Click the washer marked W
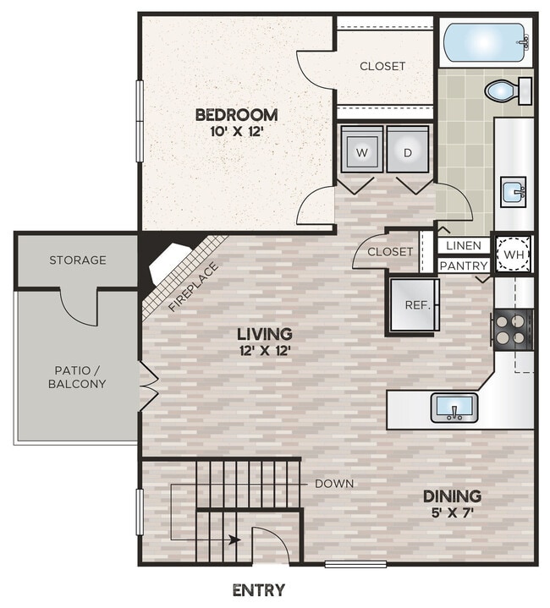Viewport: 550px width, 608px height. point(362,151)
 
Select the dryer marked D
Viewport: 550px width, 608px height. point(408,151)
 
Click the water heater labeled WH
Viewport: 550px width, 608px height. point(513,255)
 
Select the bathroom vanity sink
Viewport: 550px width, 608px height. point(513,192)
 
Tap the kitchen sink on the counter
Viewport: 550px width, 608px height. point(454,408)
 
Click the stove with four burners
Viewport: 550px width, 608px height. point(512,328)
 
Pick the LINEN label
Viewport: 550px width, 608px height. point(464,246)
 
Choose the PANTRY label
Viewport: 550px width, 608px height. point(464,266)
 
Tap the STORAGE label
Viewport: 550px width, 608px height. point(78,260)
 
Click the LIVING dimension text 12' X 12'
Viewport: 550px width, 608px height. point(265,350)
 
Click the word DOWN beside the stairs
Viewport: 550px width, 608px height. point(334,484)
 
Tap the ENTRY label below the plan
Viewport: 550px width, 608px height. point(258,590)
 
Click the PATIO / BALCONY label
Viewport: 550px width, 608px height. point(77,376)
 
